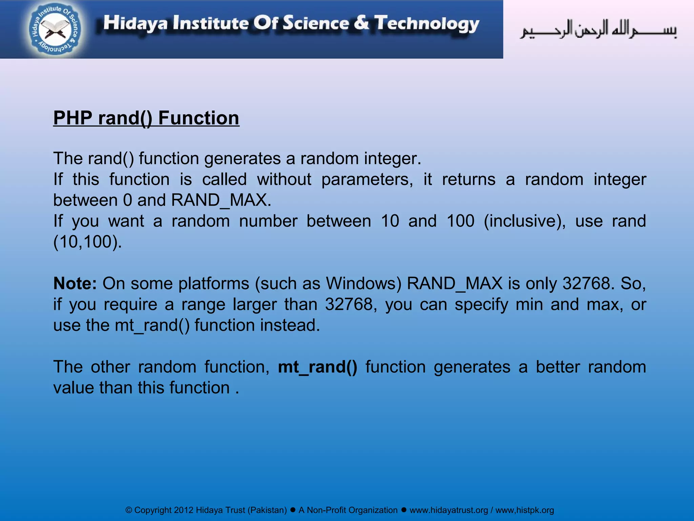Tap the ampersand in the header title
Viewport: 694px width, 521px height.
(362, 23)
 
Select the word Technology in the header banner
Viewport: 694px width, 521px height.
(427, 24)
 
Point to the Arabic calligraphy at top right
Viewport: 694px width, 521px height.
(598, 30)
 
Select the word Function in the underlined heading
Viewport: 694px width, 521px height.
(199, 118)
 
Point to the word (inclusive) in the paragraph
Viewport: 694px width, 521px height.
(524, 221)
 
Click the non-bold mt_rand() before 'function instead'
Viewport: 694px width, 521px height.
(152, 325)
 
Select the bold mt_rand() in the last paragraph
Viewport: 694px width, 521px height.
(318, 367)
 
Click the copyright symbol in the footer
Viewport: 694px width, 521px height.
(129, 510)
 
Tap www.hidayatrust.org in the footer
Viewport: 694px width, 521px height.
(449, 510)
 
